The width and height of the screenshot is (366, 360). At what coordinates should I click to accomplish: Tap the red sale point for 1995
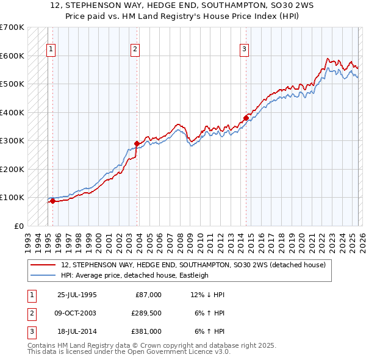tap(53, 201)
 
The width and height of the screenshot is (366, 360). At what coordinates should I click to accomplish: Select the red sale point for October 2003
tap(137, 143)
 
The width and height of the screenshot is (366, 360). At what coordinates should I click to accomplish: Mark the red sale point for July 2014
tap(246, 118)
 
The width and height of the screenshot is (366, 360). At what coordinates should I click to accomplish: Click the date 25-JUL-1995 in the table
tap(77, 295)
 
